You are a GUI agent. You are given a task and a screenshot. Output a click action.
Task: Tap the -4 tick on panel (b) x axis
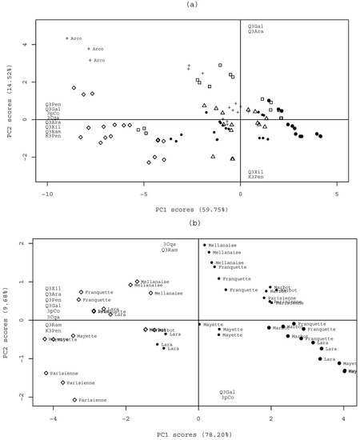(54, 416)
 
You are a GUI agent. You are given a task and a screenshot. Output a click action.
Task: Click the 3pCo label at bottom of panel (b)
(227, 398)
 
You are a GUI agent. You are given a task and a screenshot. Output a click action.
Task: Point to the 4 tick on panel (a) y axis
(35, 45)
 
